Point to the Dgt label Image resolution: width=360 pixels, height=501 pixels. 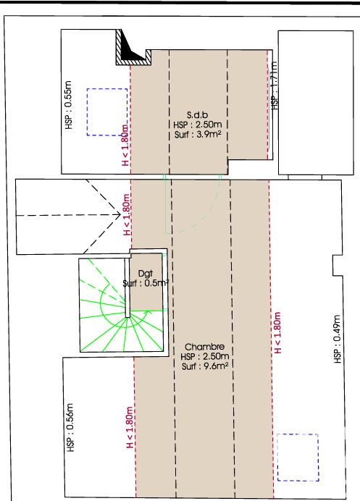145,274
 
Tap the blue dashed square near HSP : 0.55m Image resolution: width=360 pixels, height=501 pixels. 107,112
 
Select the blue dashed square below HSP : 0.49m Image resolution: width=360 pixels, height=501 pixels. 298,456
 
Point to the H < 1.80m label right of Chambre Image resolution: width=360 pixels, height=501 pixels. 277,332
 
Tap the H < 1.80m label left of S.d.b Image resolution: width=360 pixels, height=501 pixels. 125,148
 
